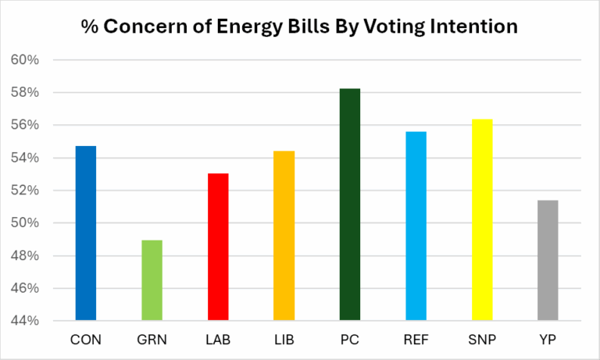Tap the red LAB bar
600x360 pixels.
[218, 246]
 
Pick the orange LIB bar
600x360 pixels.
[284, 235]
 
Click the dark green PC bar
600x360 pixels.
[350, 204]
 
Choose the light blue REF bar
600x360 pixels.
[416, 226]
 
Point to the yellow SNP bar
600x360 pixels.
[482, 219]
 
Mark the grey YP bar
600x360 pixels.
[548, 260]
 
